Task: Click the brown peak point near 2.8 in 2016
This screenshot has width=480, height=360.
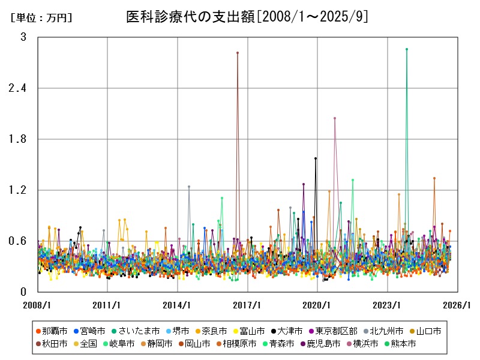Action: (x=238, y=53)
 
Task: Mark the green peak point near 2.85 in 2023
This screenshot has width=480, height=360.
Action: (x=407, y=49)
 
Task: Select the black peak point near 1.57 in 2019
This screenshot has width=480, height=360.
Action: (x=316, y=158)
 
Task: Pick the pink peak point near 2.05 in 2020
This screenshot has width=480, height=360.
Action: (x=335, y=118)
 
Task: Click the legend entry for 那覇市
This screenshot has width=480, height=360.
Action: (x=52, y=331)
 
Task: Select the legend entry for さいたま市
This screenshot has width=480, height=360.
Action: (x=139, y=331)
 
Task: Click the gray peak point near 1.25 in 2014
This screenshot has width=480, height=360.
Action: (x=189, y=187)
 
